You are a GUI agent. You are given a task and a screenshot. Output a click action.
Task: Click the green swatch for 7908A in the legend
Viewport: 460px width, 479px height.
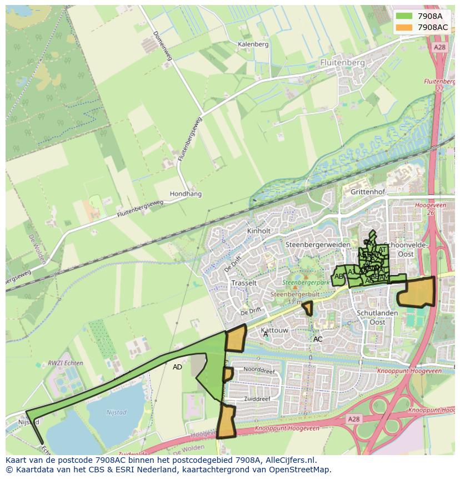pyautogui.click(x=404, y=16)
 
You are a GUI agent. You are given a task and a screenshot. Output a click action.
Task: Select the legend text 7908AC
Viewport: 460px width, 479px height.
pyautogui.click(x=432, y=27)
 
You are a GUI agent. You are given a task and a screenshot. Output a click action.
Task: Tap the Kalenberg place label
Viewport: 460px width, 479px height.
pyautogui.click(x=253, y=44)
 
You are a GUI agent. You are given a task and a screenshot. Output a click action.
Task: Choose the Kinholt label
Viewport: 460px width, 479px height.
pyautogui.click(x=259, y=231)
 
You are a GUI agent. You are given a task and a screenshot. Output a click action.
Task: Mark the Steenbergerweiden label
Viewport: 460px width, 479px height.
pyautogui.click(x=317, y=245)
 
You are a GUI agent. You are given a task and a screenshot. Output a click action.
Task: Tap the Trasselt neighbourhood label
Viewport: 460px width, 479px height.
pyautogui.click(x=244, y=283)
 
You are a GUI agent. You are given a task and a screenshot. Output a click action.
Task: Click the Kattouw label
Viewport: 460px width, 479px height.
pyautogui.click(x=274, y=330)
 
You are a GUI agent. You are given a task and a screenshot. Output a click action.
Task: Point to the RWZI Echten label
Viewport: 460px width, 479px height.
pyautogui.click(x=65, y=363)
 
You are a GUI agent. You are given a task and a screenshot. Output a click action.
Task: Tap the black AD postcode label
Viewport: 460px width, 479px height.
pyautogui.click(x=177, y=367)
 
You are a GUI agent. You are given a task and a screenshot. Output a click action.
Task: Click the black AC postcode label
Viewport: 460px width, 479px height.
pyautogui.click(x=318, y=339)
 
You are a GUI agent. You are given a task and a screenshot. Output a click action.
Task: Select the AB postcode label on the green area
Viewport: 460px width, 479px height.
pyautogui.click(x=339, y=276)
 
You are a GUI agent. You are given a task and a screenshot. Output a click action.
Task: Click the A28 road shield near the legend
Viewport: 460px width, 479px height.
pyautogui.click(x=439, y=47)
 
